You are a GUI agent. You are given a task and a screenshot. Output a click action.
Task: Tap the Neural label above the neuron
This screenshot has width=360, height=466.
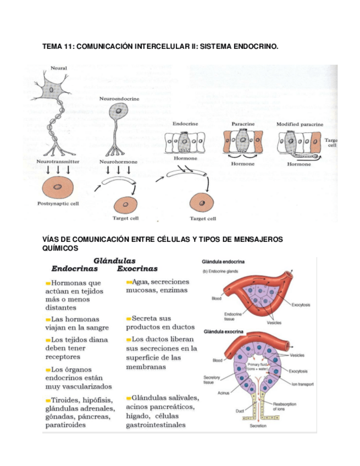[59, 68]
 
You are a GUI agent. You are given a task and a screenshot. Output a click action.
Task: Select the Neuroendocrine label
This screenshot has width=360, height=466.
[119, 98]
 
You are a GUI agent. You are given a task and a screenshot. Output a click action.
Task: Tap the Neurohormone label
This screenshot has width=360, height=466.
[118, 162]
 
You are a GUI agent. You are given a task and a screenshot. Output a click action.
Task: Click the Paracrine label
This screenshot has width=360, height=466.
[242, 124]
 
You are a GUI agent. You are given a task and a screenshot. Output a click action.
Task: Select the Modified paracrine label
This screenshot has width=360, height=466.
[300, 124]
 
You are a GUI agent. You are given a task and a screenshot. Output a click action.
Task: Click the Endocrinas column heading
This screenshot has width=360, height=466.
[75, 269]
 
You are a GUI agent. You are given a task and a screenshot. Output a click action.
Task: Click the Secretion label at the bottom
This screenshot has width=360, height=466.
[258, 426]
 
